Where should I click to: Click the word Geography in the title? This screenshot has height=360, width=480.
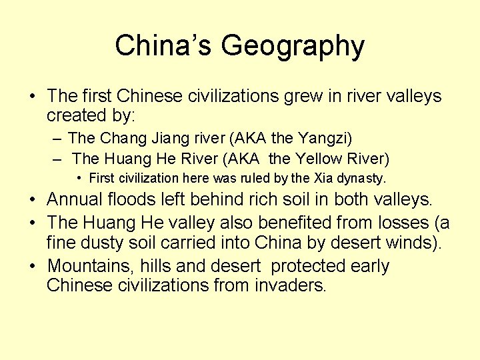point(293,47)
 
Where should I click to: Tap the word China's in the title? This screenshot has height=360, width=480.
point(163,46)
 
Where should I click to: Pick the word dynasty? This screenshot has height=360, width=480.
point(364,179)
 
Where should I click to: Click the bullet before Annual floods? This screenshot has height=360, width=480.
point(33,199)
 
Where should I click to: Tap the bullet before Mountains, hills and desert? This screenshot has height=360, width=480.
point(33,266)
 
